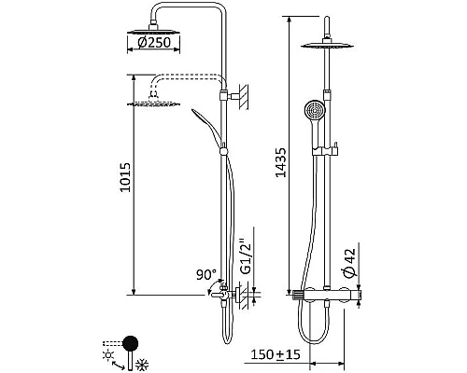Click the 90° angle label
point(206,276)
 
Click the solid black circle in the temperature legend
point(131,342)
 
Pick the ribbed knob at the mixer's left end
point(298,296)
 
